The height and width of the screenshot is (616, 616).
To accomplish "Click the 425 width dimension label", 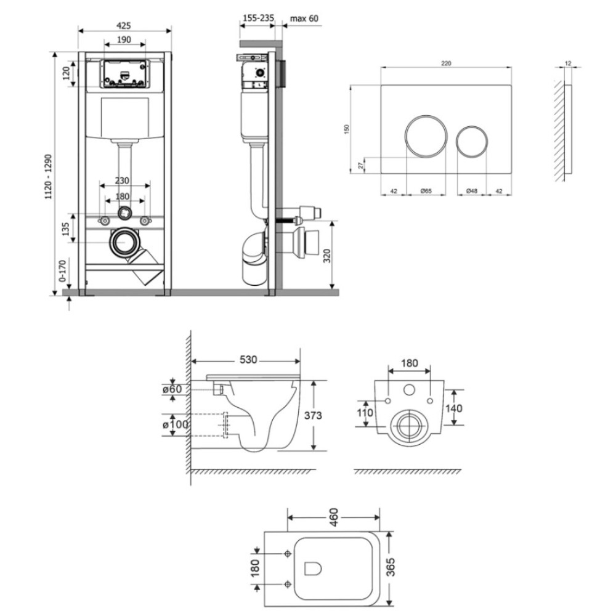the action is pyautogui.click(x=124, y=26).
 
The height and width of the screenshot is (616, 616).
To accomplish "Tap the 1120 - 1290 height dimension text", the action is pyautogui.click(x=49, y=177).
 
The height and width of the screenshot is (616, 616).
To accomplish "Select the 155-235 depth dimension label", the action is pyautogui.click(x=258, y=18).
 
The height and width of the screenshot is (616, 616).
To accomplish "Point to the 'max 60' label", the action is pyautogui.click(x=304, y=18).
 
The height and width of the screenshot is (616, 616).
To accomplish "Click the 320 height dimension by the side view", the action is pyautogui.click(x=327, y=256).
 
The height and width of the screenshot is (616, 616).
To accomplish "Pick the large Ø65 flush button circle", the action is pyautogui.click(x=426, y=116).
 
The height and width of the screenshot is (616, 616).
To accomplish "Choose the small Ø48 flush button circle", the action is pyautogui.click(x=472, y=126).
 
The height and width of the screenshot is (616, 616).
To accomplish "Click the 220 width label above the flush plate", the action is pyautogui.click(x=446, y=63).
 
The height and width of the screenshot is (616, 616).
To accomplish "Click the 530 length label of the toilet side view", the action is pyautogui.click(x=248, y=360).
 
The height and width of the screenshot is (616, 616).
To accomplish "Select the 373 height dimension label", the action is pyautogui.click(x=313, y=415).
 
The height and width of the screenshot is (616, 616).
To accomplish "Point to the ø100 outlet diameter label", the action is pyautogui.click(x=175, y=424).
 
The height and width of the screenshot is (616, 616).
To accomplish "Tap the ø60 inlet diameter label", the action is pyautogui.click(x=172, y=389).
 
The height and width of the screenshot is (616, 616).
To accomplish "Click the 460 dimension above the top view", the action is pyautogui.click(x=333, y=518).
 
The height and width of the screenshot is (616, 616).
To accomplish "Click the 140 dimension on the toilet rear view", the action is pyautogui.click(x=454, y=408).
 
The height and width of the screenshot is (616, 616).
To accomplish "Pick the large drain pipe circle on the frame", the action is pyautogui.click(x=125, y=229).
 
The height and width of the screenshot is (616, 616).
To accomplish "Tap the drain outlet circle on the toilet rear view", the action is pyautogui.click(x=410, y=411).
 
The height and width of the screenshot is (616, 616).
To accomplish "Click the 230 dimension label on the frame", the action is pyautogui.click(x=122, y=180).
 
